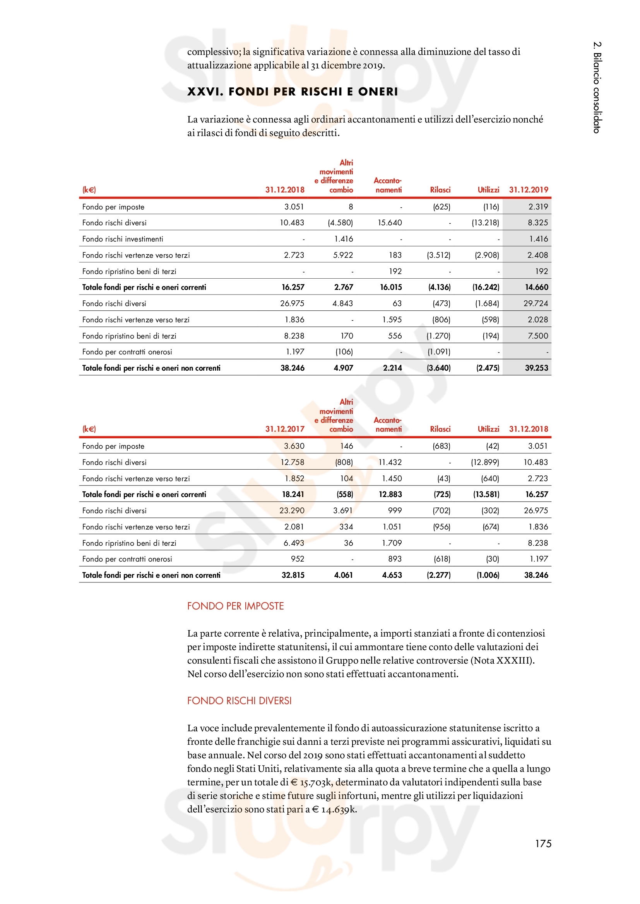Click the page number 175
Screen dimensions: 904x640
[x=542, y=843]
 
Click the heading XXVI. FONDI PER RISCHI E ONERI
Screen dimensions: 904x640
[x=293, y=92]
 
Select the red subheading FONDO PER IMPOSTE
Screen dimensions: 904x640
[x=235, y=606]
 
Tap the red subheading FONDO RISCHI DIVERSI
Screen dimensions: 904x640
[x=239, y=700]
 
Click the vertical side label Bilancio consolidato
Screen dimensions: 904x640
[x=597, y=87]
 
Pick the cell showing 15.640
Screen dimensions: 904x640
[x=389, y=223]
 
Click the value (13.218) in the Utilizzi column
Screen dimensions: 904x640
[x=485, y=223]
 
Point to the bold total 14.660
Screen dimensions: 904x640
[x=536, y=288]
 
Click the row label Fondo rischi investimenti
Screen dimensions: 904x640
[x=123, y=239]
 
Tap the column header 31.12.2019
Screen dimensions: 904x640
[x=528, y=190]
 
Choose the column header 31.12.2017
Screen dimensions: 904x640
[x=284, y=429]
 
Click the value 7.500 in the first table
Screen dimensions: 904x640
[x=538, y=336]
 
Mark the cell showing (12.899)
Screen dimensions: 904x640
[x=485, y=462]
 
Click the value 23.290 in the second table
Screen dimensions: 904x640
[x=292, y=511]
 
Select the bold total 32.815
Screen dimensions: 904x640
[x=293, y=575]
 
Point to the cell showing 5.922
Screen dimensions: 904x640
[x=343, y=255]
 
